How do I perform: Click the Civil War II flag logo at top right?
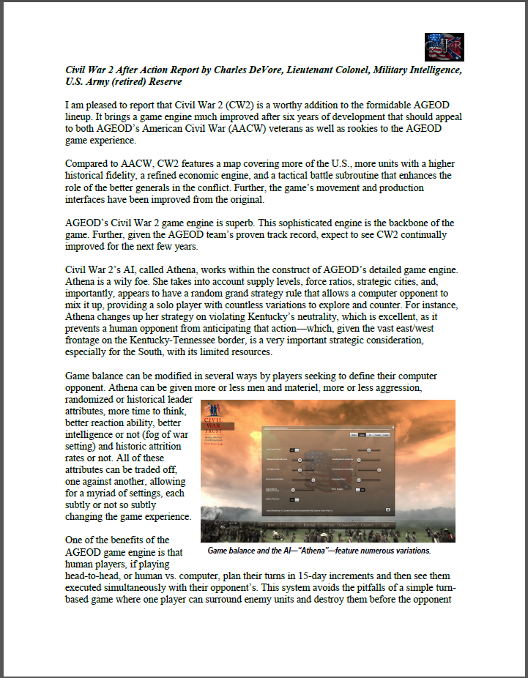tap(444, 48)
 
